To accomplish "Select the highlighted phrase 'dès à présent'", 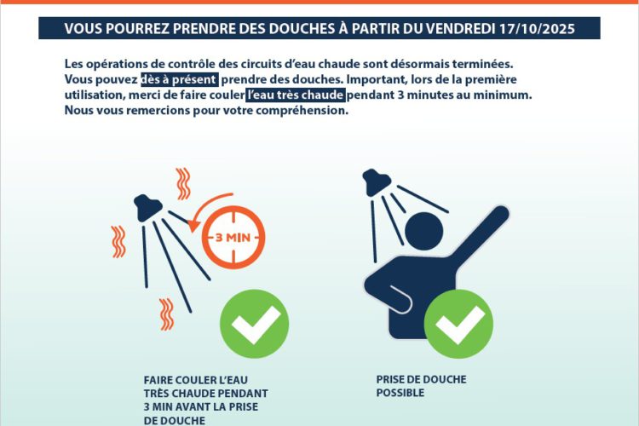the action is point(179,79).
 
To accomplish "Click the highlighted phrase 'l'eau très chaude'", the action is point(296,95).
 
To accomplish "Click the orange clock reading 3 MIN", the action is point(233,237).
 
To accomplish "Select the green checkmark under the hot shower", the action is point(254,324).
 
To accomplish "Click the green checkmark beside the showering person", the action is point(458,324).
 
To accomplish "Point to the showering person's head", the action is point(423,231).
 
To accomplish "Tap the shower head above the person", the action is point(376,181).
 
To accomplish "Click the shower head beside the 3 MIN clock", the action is point(147,208).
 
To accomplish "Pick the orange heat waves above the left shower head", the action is point(183,184).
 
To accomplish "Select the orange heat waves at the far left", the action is point(118,242).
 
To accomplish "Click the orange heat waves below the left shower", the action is point(166,314).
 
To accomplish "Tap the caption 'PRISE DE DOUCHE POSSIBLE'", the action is point(422,386).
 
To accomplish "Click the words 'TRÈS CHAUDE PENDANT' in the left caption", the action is point(206,394).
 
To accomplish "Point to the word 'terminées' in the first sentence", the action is point(484,64).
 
